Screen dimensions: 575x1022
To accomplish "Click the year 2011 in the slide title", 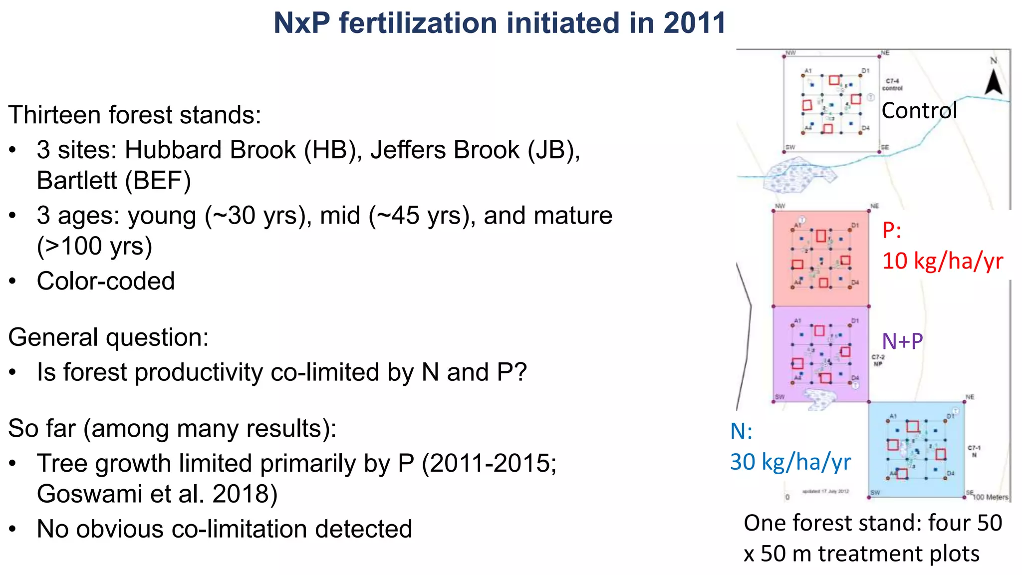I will tap(694, 23).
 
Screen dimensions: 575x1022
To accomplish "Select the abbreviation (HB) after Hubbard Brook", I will tap(333, 150).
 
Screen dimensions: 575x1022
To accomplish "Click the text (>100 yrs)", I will tap(94, 246).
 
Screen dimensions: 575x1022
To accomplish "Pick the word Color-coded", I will tap(106, 281).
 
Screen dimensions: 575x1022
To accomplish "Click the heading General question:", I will tap(108, 337).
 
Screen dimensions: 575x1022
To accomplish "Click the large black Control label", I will tap(919, 111).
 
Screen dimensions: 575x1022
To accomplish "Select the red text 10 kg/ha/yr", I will tap(942, 261).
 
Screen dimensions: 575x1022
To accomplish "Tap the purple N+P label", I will tap(902, 341).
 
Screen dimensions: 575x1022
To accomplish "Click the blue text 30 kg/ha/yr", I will tap(790, 462).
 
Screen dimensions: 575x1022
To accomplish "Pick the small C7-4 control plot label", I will tap(892, 84).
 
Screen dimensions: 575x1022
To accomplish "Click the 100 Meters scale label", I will tap(991, 497).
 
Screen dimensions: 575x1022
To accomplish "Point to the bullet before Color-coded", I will tap(13, 282).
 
